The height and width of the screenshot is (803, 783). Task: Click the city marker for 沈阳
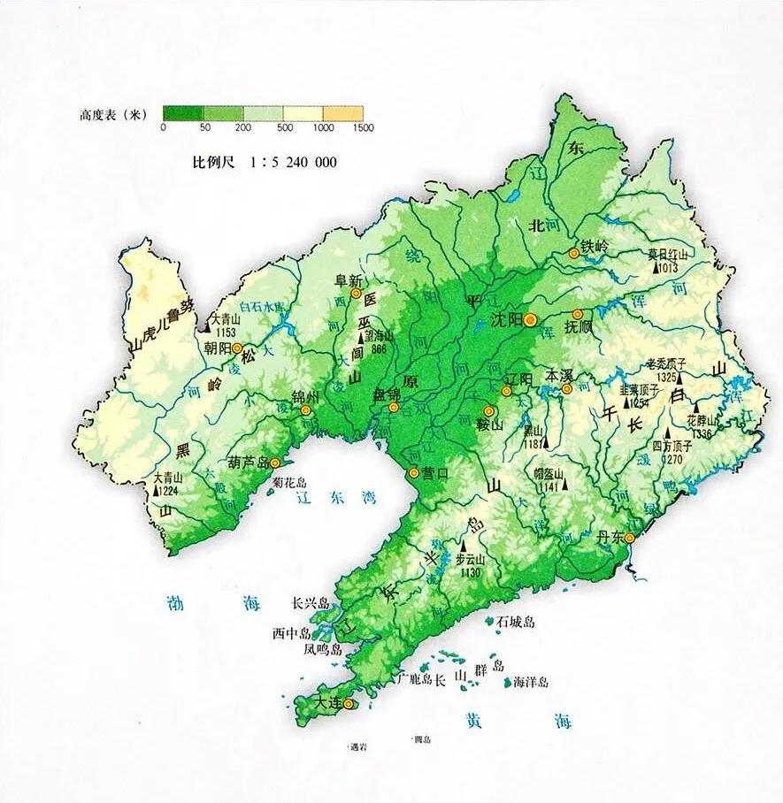pyautogui.click(x=530, y=320)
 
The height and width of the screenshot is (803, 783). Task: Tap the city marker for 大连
pyautogui.click(x=349, y=704)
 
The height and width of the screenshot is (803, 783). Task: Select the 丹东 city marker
pyautogui.click(x=629, y=538)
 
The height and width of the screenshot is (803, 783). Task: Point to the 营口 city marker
pyautogui.click(x=413, y=473)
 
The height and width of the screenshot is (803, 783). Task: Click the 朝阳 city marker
pyautogui.click(x=236, y=348)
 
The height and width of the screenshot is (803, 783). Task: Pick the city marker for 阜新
pyautogui.click(x=356, y=293)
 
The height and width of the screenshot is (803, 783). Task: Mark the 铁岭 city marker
pyautogui.click(x=573, y=253)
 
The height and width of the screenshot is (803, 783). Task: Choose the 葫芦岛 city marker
pyautogui.click(x=275, y=463)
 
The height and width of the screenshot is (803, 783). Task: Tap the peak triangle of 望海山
pyautogui.click(x=361, y=338)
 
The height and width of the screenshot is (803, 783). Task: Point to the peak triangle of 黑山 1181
pyautogui.click(x=545, y=441)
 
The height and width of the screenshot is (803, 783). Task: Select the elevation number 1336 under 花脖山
pyautogui.click(x=702, y=434)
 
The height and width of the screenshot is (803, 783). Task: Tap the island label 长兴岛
pyautogui.click(x=311, y=604)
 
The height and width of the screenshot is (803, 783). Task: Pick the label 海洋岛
pyautogui.click(x=531, y=682)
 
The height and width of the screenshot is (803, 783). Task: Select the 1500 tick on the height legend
pyautogui.click(x=363, y=127)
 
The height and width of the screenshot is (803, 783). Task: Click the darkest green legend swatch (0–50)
pyautogui.click(x=183, y=113)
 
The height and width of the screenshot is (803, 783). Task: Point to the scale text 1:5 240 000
pyautogui.click(x=294, y=163)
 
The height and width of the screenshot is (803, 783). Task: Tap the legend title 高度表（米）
pyautogui.click(x=112, y=115)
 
